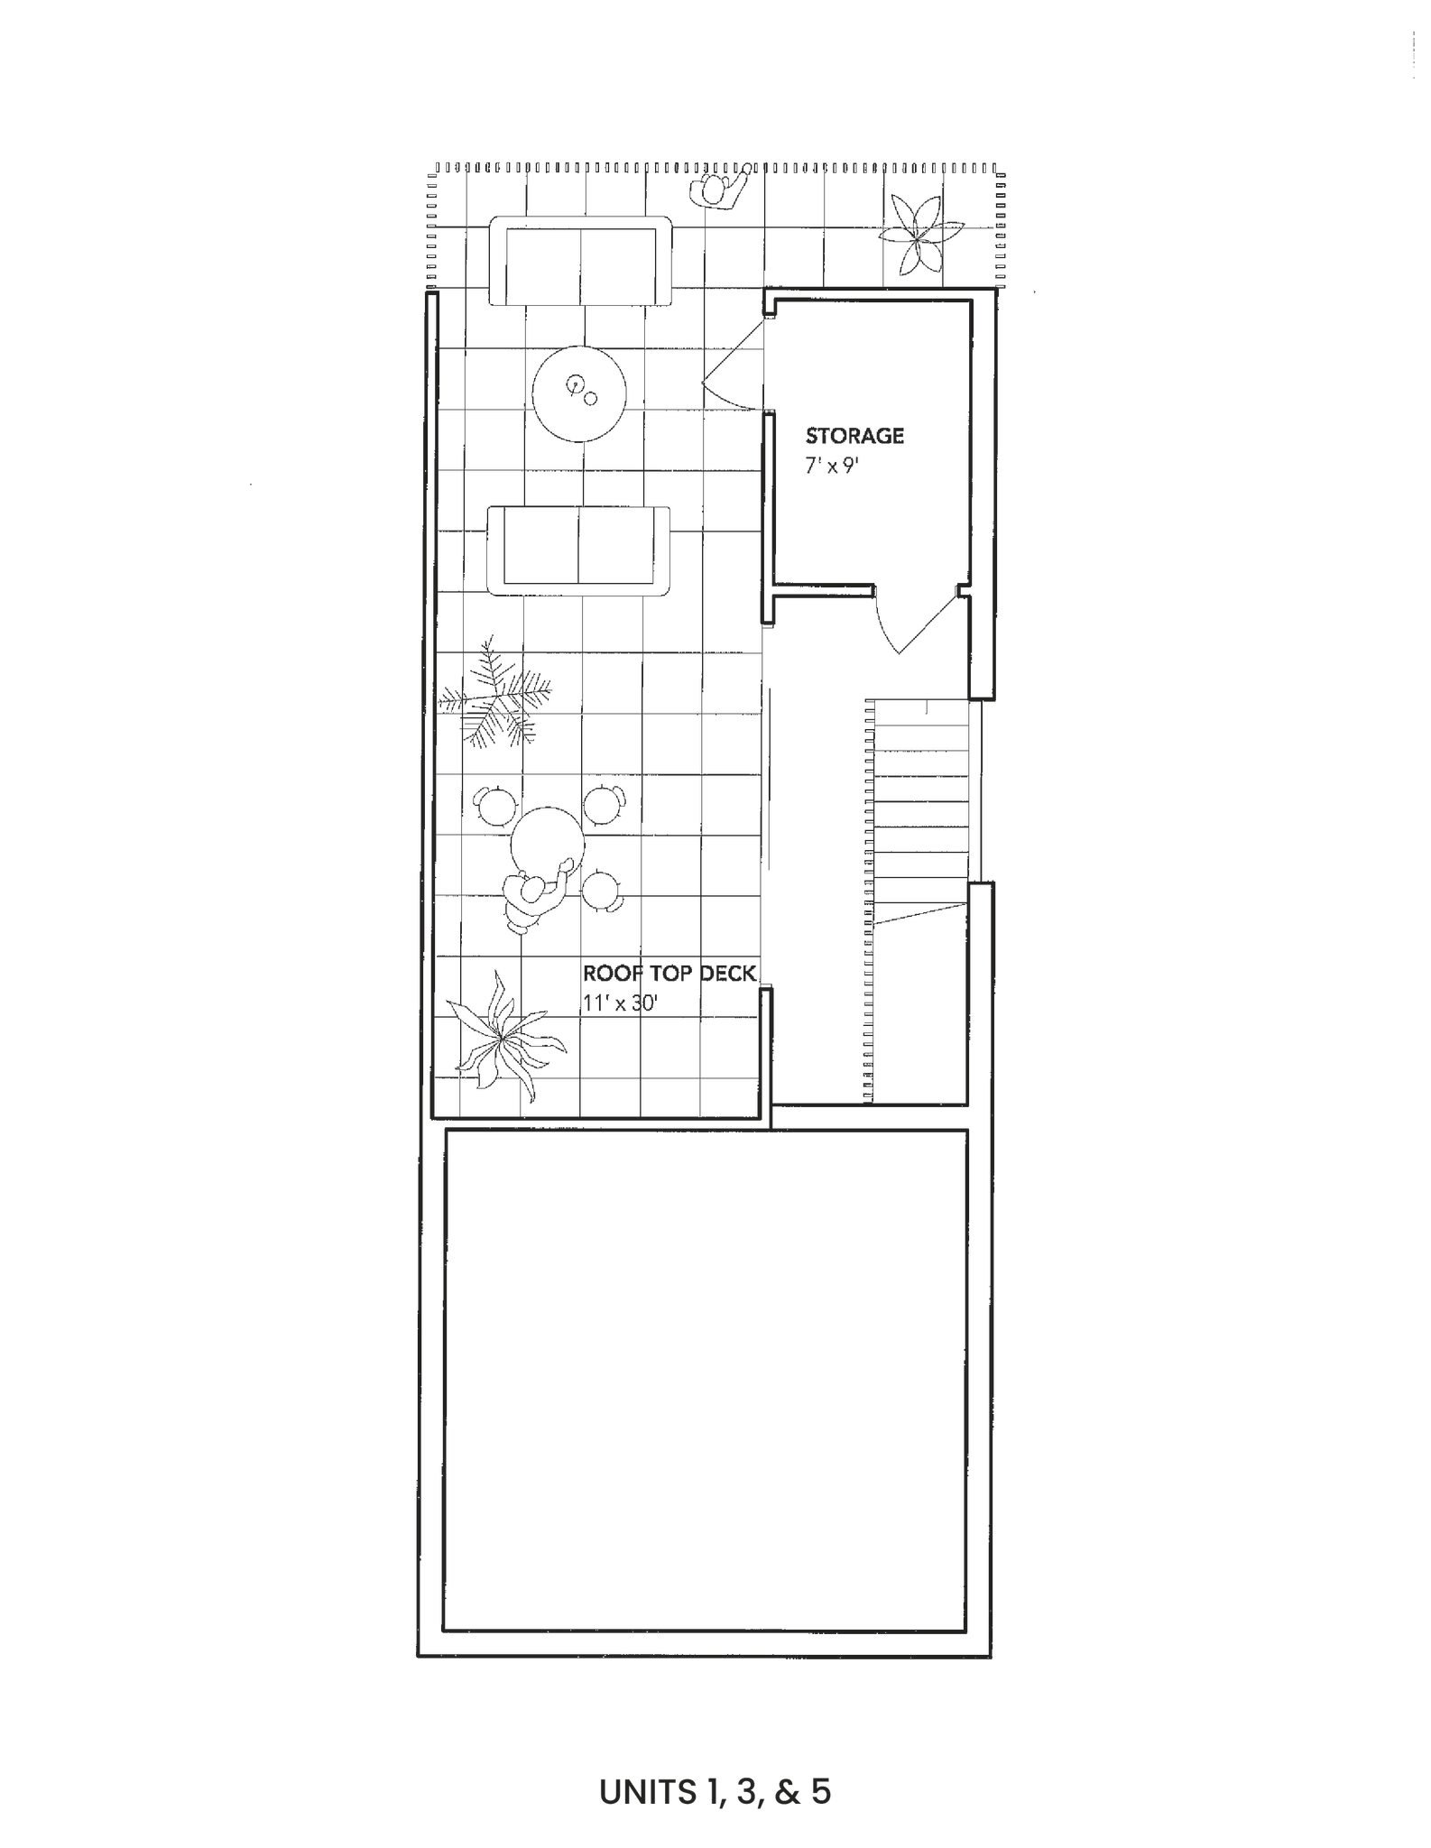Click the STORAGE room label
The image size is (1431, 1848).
854,436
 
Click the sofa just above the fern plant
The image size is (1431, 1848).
578,550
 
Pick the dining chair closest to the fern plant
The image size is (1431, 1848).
494,805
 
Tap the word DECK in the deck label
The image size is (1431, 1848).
727,974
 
